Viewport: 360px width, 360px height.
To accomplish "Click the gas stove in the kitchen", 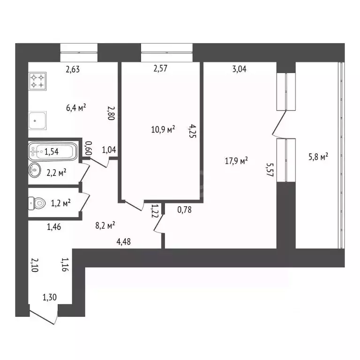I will [38, 81].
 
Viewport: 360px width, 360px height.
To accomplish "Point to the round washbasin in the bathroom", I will [36, 169].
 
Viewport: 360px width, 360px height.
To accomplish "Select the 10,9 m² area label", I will [163, 129].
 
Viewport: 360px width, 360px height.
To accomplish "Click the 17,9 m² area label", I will [236, 161].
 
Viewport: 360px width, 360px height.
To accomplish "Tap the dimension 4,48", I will [124, 241].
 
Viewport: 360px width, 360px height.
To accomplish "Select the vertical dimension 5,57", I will [269, 171].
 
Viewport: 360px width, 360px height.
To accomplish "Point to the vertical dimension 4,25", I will [191, 132].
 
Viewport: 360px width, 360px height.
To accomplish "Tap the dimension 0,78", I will [185, 210].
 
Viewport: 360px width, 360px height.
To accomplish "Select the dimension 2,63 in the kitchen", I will [73, 70].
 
